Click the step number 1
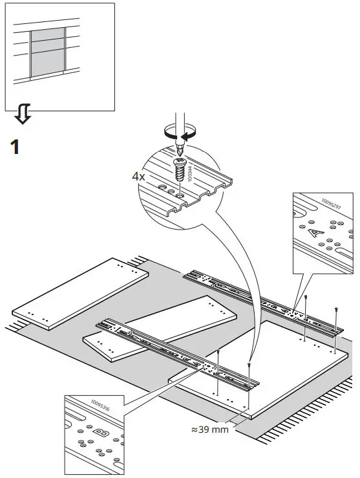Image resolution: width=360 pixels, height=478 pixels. coord(15,146)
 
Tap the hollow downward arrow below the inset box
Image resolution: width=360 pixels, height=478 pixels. coord(23,115)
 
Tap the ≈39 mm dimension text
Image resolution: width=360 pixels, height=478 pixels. coord(209,429)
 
